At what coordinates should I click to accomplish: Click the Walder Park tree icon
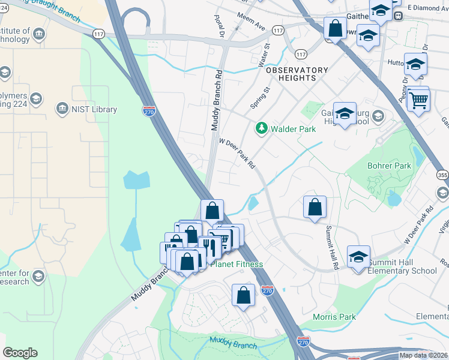click(261, 128)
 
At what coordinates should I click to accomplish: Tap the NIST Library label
click(93, 109)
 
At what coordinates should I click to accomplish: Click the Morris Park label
click(334, 317)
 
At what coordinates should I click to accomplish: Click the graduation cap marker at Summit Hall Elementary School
click(358, 257)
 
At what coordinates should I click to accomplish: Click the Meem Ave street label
click(251, 22)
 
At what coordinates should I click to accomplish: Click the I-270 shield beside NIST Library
click(149, 110)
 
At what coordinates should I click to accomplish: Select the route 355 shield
click(442, 175)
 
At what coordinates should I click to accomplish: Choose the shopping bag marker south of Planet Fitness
click(243, 295)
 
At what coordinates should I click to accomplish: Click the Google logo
click(20, 353)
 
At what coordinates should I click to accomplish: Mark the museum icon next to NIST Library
click(61, 109)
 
